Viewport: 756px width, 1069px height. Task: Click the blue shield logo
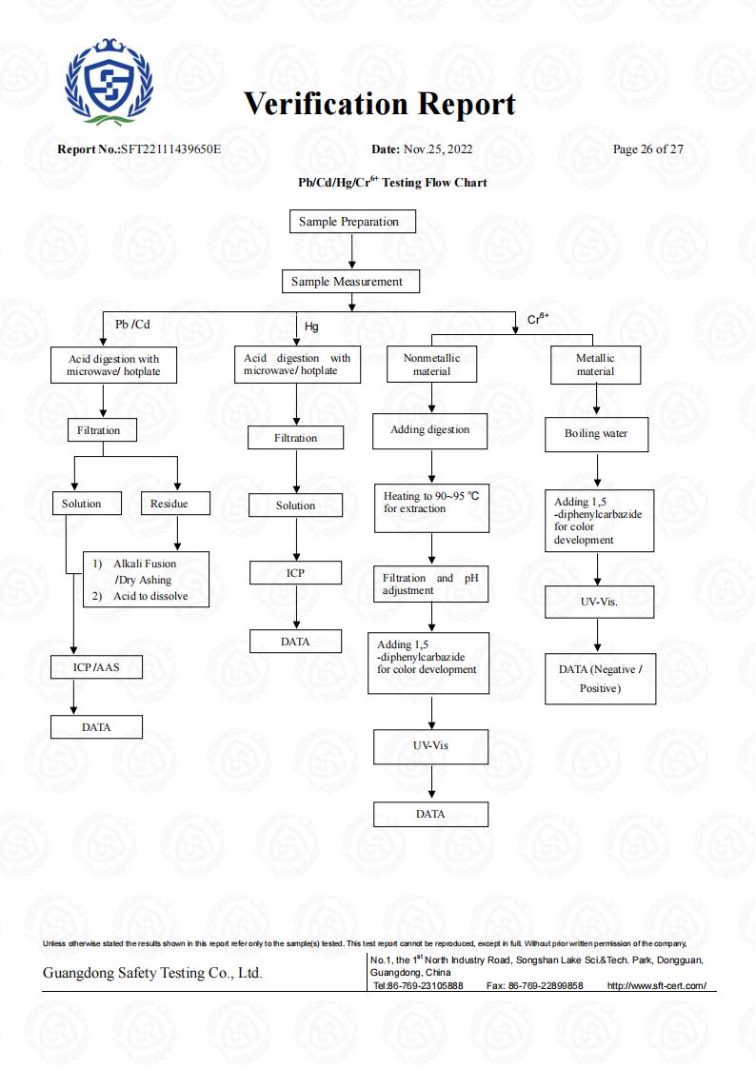(109, 82)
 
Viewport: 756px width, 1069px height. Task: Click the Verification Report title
(380, 105)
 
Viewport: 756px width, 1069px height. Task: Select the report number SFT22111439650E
(171, 149)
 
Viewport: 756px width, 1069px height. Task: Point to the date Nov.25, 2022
(438, 149)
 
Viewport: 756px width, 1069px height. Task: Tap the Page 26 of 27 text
(647, 149)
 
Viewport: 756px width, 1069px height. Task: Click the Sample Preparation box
(352, 222)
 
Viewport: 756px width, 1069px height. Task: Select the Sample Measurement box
(351, 282)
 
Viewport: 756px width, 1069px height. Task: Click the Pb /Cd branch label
(132, 325)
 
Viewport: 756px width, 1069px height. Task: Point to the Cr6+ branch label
(538, 318)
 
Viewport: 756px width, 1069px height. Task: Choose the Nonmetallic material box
(431, 364)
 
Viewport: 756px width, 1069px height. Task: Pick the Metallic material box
(596, 365)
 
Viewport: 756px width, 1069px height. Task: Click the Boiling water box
(596, 434)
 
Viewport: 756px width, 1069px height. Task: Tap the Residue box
(176, 504)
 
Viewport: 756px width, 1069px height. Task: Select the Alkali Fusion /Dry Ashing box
(146, 580)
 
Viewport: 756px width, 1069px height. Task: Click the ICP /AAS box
(97, 667)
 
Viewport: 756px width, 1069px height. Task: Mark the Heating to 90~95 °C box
(431, 508)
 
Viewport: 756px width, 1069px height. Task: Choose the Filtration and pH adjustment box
(430, 584)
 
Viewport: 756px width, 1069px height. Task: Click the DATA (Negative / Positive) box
(601, 679)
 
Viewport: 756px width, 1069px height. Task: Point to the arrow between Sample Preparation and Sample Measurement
(351, 251)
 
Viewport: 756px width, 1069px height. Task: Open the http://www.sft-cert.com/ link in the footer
(656, 985)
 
